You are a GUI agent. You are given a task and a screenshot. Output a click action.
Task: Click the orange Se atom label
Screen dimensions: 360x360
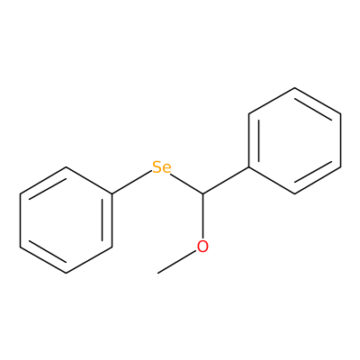[x=162, y=167]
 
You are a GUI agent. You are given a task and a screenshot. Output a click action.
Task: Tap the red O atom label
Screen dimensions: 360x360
[x=202, y=247]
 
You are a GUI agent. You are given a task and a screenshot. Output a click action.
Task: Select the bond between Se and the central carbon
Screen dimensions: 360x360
[x=186, y=184]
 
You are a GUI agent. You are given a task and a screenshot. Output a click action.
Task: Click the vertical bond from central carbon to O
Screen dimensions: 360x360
[x=202, y=217]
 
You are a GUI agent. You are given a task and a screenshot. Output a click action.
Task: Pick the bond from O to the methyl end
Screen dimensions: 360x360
[x=177, y=262]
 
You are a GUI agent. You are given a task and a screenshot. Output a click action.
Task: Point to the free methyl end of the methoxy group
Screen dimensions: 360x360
[x=157, y=273]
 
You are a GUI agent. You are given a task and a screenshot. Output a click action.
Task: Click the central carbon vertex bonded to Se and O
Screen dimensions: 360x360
[x=202, y=193]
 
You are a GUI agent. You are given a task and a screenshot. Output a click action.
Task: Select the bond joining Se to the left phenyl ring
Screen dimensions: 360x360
[x=131, y=183]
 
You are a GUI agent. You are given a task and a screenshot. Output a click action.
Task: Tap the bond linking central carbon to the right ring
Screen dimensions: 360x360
[x=226, y=180]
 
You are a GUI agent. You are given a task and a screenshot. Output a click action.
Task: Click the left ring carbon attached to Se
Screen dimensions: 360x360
[x=112, y=193]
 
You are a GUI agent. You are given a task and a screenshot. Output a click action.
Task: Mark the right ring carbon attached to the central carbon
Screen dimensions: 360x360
[x=249, y=167]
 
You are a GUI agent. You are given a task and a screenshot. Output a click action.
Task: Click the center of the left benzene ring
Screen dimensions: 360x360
[x=66, y=220]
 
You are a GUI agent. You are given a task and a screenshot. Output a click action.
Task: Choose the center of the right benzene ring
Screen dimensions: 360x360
[x=295, y=140]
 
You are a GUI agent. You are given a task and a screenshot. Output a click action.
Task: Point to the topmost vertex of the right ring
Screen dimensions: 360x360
[x=295, y=88]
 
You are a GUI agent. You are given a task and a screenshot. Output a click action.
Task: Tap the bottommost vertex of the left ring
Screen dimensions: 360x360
[x=66, y=273]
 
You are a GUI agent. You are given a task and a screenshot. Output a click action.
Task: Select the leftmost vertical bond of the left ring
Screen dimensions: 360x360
[x=20, y=220]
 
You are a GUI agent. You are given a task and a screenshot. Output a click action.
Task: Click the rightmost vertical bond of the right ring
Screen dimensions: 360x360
[x=341, y=140]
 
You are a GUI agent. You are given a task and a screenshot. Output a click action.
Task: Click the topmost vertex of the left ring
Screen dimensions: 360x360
[x=66, y=167]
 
